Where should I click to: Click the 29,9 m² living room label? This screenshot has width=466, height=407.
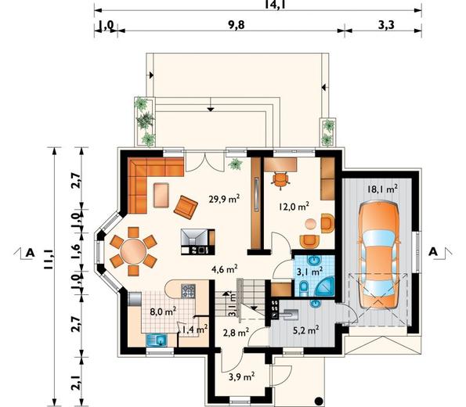click(x=224, y=199)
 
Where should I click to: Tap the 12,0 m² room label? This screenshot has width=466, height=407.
click(x=294, y=206)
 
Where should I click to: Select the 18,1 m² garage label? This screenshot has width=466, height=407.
click(x=382, y=189)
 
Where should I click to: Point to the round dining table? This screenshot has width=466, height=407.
click(x=133, y=251)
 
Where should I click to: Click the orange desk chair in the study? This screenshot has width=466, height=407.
click(x=280, y=179)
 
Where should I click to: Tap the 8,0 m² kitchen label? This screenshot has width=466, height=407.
click(x=163, y=312)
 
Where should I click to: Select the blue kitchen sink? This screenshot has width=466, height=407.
click(x=157, y=340)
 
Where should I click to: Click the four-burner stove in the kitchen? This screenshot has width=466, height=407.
click(x=189, y=291)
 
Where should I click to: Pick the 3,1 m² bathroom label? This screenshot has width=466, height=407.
click(x=310, y=271)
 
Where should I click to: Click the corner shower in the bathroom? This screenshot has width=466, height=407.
click(x=325, y=286)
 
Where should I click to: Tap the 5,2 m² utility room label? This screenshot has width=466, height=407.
click(x=306, y=330)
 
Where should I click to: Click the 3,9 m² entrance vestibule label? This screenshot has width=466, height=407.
click(x=241, y=376)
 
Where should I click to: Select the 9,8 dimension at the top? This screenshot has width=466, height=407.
click(x=237, y=25)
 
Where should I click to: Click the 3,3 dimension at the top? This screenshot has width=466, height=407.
click(x=386, y=25)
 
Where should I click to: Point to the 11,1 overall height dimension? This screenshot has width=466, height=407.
click(x=49, y=259)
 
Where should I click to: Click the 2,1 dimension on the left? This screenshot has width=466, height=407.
click(x=76, y=382)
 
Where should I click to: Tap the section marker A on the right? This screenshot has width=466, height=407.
click(x=433, y=252)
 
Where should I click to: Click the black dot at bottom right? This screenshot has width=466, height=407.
click(x=319, y=402)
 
